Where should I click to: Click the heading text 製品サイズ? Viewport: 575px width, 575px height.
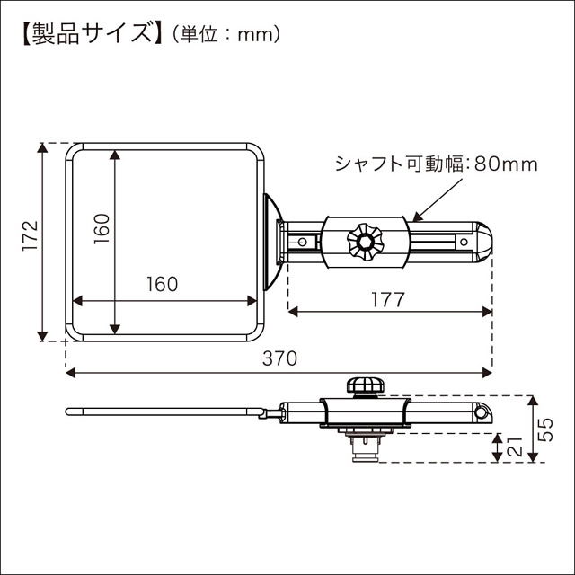[86, 35]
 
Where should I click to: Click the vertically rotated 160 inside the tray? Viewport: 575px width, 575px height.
[101, 230]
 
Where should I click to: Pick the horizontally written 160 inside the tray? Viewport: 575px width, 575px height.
[162, 284]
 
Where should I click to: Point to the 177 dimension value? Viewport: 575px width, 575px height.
[387, 298]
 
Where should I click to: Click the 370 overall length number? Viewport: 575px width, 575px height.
[279, 358]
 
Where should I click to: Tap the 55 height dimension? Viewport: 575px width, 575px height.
[545, 429]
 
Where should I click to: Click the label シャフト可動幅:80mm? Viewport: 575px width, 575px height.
[436, 164]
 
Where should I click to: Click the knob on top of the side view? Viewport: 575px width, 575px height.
[366, 386]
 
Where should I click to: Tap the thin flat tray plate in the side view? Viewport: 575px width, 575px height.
[162, 412]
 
